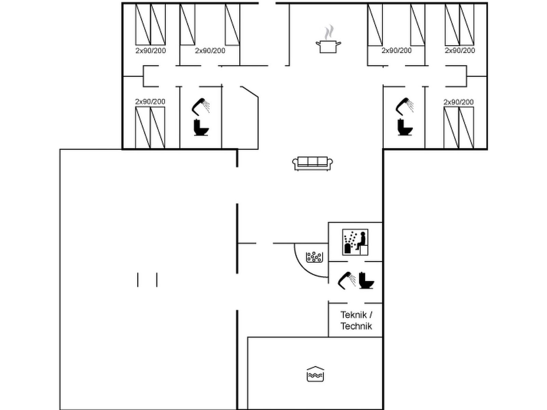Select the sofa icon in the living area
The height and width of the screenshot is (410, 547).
[x=312, y=164]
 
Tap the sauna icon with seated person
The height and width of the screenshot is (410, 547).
[x=355, y=242]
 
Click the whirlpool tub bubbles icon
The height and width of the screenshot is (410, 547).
[x=314, y=257]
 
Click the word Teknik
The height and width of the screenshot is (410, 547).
[x=353, y=315]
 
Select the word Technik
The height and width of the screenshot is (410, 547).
[x=356, y=326]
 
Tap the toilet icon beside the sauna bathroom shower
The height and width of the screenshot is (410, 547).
[x=366, y=281]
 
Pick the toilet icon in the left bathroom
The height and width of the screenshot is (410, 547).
[x=201, y=128]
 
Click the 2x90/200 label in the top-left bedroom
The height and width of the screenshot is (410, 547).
[x=150, y=51]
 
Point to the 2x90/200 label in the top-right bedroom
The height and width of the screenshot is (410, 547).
[x=460, y=51]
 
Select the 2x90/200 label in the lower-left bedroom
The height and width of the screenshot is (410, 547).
[x=150, y=101]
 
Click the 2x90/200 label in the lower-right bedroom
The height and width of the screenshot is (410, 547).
[x=458, y=102]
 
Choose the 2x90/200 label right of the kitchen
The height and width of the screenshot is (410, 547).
[x=397, y=51]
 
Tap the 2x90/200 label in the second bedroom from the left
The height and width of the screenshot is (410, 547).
[x=210, y=51]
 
